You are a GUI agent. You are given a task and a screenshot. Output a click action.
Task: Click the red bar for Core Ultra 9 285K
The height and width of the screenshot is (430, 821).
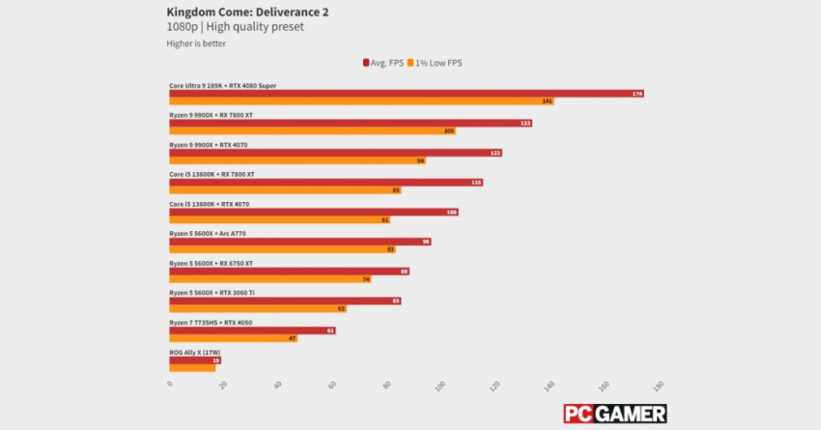coord(406,94)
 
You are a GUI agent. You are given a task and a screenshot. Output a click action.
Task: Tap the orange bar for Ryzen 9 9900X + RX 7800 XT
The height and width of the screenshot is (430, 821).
coord(312,130)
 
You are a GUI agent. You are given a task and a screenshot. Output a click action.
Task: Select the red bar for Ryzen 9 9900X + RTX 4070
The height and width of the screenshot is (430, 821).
coord(335,153)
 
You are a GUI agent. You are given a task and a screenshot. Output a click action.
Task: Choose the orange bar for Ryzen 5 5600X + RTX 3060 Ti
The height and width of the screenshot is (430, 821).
coord(258,308)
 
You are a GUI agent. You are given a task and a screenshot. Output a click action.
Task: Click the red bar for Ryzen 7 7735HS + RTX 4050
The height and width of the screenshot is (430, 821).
coord(252,330)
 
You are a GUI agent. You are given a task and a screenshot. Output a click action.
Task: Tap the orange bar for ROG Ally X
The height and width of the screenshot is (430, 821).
coord(192,367)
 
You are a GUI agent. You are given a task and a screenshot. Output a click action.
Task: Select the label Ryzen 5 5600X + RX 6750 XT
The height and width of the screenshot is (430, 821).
coord(211,263)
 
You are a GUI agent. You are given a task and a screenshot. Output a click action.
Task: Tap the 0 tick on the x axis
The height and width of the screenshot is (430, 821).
coord(171,386)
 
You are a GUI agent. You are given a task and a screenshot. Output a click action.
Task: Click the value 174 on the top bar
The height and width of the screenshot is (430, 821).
coord(637,94)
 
